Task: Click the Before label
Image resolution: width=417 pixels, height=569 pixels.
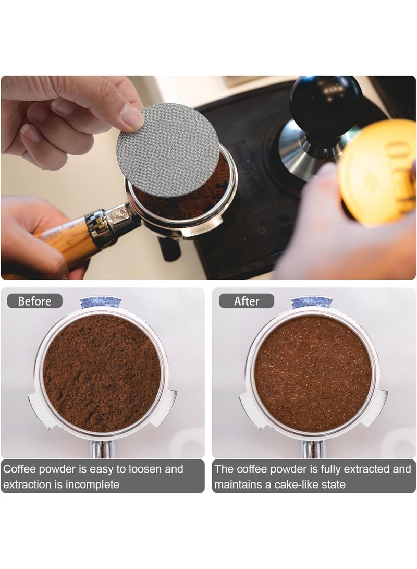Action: coord(35,301)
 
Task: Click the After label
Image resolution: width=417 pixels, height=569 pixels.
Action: coord(247,301)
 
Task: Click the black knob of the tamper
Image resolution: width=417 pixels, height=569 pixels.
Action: coord(326,105)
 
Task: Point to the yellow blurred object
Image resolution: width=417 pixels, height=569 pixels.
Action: coord(379,171)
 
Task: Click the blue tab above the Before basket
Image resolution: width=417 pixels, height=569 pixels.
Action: coord(101,302)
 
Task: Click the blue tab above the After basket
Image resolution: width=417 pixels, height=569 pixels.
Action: coord(312,302)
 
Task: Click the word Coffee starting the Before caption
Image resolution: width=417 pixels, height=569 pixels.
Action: coord(20,469)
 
